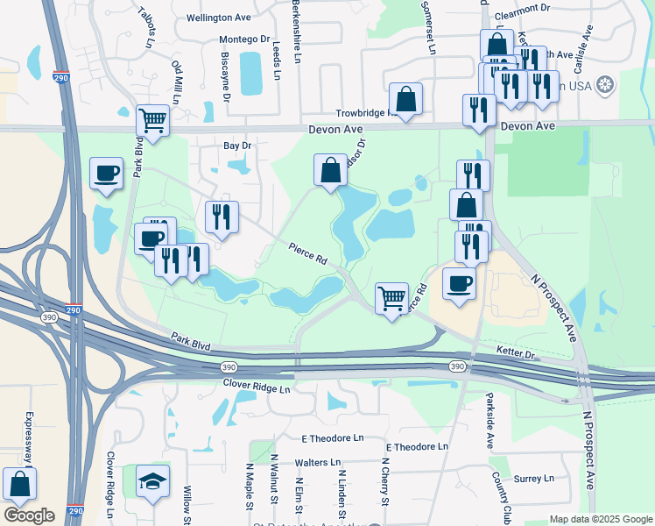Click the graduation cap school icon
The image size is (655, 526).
(x=153, y=481)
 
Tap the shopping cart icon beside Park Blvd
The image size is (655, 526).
(x=152, y=120)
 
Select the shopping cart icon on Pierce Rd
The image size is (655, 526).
(x=392, y=297)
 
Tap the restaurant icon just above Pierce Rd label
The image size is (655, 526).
(x=222, y=216)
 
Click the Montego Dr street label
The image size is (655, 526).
(x=244, y=39)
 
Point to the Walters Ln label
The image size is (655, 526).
(x=318, y=462)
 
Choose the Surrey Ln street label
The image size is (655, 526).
(x=533, y=479)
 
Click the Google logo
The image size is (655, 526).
(x=28, y=515)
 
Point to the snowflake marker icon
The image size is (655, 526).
(x=604, y=85)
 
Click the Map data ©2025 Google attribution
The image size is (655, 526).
(x=601, y=519)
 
